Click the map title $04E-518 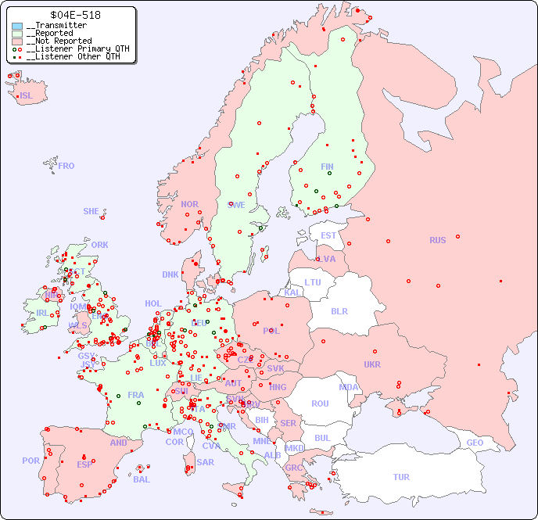74,15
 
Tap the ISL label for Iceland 27,96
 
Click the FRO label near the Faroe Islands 66,166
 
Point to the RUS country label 437,240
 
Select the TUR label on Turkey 401,477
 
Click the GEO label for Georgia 475,443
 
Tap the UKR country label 372,364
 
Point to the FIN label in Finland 327,167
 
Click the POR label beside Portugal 30,461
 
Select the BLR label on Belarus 339,310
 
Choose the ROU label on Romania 320,403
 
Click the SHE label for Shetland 91,211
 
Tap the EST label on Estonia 328,235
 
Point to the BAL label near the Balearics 141,479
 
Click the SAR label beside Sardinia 205,462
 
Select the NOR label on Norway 189,204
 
